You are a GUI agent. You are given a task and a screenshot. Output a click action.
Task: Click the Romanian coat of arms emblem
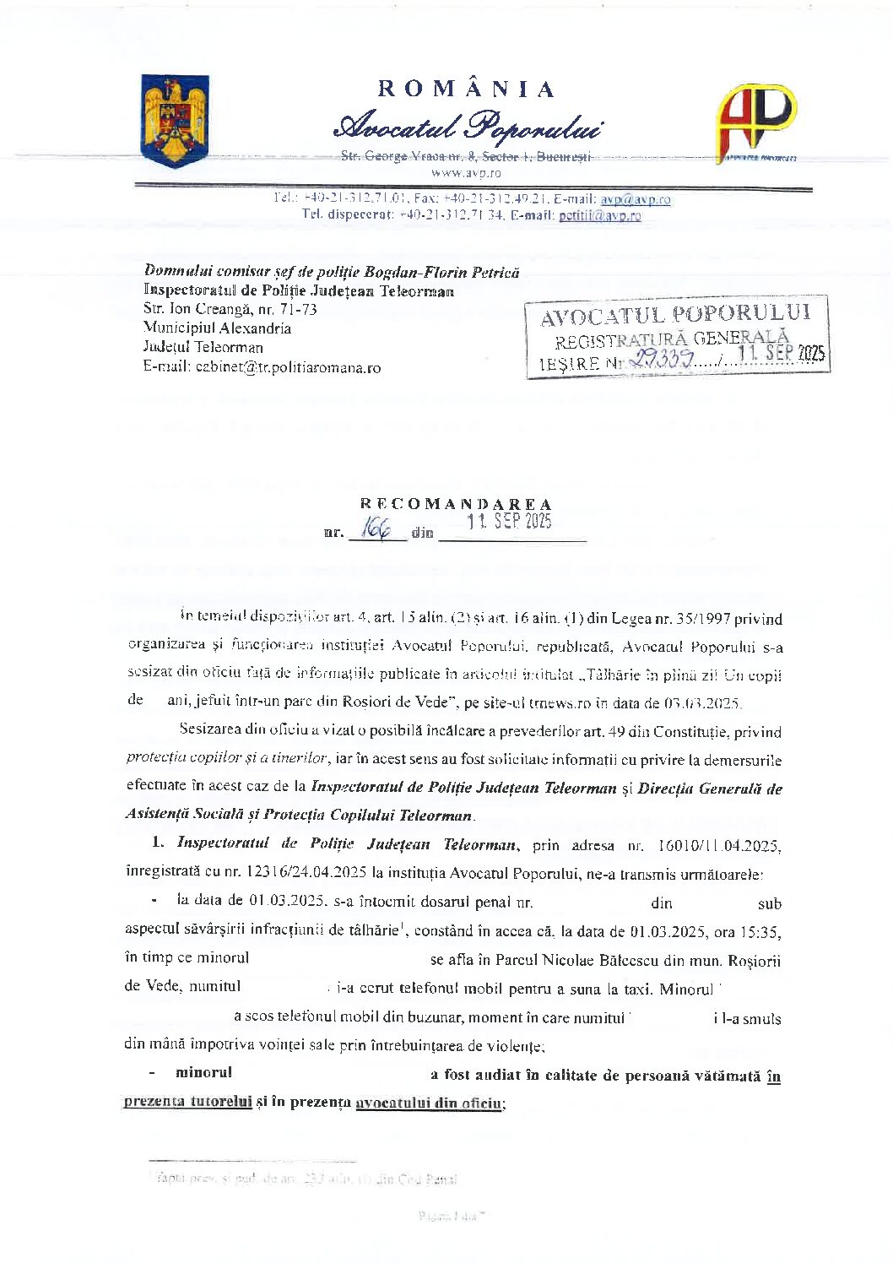(176, 121)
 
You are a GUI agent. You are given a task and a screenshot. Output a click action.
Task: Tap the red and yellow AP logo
(755, 120)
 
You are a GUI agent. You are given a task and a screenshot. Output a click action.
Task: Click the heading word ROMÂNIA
(466, 89)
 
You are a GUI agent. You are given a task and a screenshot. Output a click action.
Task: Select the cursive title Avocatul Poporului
(468, 127)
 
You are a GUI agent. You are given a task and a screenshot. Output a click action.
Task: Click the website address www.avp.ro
(466, 173)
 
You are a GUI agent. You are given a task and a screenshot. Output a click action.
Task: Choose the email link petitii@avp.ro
(599, 216)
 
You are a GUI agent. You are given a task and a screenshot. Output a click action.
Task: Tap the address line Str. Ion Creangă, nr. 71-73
(230, 309)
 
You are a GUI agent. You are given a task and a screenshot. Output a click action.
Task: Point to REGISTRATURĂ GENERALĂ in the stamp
(671, 339)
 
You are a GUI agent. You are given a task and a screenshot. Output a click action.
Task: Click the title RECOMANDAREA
(456, 505)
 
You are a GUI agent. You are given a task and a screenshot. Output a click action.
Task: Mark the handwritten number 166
(376, 529)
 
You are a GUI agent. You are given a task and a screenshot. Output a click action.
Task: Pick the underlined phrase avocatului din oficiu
(430, 1103)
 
